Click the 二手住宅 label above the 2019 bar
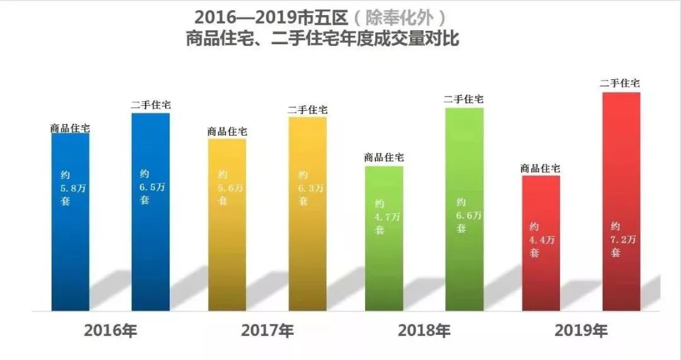620,83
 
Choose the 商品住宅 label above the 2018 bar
384,158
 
